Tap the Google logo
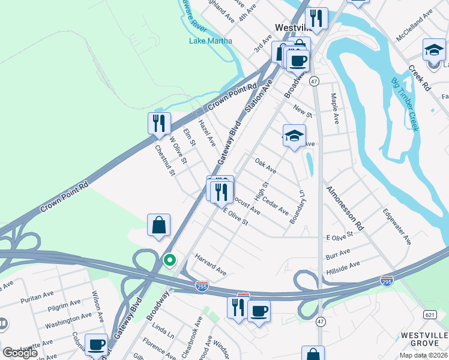20,353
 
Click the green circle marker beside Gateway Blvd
170,260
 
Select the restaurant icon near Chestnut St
159,123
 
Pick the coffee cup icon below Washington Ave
96,344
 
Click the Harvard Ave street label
210,264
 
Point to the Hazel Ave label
206,133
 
